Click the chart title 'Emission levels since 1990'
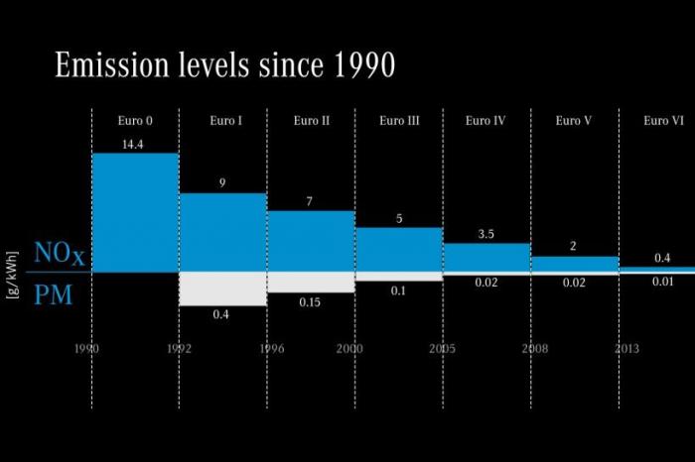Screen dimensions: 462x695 [225, 65]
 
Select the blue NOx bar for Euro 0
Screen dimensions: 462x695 [135, 212]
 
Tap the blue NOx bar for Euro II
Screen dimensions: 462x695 [311, 241]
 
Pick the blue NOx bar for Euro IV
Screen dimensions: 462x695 [486, 258]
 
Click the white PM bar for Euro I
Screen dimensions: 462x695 [222, 289]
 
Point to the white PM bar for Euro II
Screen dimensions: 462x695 [311, 282]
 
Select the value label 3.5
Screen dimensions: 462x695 [486, 234]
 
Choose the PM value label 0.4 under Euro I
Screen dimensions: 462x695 [222, 314]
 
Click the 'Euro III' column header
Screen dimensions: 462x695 [399, 121]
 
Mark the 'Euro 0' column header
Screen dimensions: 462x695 [135, 121]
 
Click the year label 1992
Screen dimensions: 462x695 [179, 349]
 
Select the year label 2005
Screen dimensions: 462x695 [443, 349]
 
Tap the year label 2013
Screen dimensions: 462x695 [625, 349]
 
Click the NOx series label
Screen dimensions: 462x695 [60, 255]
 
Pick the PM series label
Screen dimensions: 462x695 [54, 294]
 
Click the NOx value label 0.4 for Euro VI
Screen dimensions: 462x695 [661, 258]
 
